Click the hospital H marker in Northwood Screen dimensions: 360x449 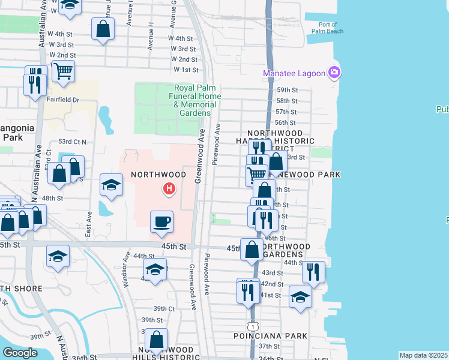pyautogui.click(x=170, y=190)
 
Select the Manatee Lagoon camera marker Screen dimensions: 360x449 pyautogui.click(x=334, y=73)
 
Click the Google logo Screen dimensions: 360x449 pyautogui.click(x=20, y=353)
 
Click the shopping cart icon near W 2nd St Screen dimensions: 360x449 pyautogui.click(x=63, y=71)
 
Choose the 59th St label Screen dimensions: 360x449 pyautogui.click(x=287, y=89)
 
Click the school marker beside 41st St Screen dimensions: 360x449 pyautogui.click(x=301, y=296)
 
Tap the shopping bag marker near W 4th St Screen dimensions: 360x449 pyautogui.click(x=103, y=28)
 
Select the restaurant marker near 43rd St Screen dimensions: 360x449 pyautogui.click(x=313, y=271)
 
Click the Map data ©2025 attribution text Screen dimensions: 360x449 pyautogui.click(x=423, y=355)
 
